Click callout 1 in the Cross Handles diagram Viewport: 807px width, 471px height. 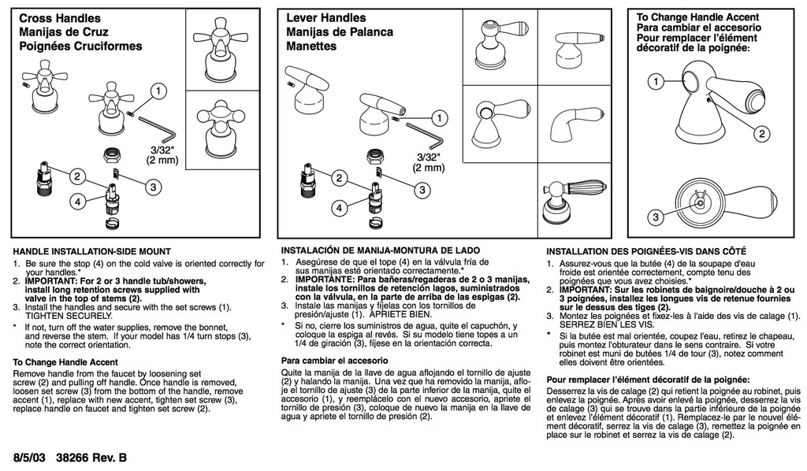coord(158,91)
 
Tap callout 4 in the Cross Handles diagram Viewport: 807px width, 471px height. coord(78,201)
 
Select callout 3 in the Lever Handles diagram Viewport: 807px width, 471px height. coord(422,191)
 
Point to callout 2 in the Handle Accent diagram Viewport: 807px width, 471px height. coord(762,134)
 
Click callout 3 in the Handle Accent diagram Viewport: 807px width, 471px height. coord(656,217)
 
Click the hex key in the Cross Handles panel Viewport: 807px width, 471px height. coord(157,129)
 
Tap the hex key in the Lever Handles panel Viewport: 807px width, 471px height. coord(424,133)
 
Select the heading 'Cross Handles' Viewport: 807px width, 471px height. coord(60,19)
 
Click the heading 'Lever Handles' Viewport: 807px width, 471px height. coord(325,17)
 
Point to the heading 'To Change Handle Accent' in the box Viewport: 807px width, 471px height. coord(697,17)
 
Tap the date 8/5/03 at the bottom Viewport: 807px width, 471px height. coord(30,458)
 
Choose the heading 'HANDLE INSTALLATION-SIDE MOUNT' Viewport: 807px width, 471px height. coord(91,251)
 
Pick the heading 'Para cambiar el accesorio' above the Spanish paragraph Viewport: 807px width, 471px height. coord(334,361)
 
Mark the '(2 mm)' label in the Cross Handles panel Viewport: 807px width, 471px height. coord(162,160)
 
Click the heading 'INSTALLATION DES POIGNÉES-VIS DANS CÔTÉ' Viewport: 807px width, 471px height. coord(646,251)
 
